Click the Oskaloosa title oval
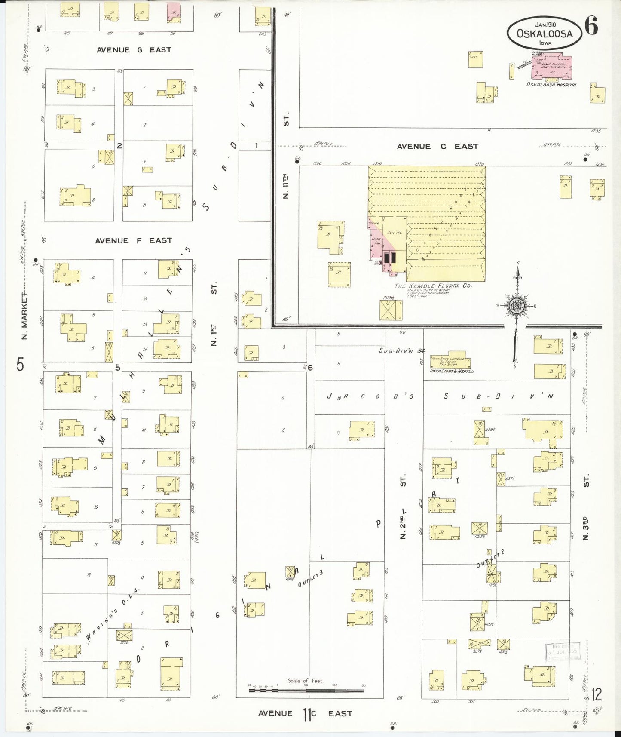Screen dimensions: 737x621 (544, 33)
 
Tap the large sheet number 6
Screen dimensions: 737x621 (591, 27)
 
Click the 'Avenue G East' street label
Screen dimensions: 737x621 (134, 50)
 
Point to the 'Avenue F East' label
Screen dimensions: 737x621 (133, 241)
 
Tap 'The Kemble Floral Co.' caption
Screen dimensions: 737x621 (433, 286)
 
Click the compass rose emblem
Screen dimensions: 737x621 (517, 306)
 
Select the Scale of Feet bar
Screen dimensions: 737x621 (306, 691)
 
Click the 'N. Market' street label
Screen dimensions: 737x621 (24, 316)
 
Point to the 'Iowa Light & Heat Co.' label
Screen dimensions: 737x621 (452, 371)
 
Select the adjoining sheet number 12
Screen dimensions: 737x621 (597, 695)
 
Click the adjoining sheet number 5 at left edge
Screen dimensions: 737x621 (20, 365)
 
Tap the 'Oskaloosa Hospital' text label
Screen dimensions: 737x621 (551, 85)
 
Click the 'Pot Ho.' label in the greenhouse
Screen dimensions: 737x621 (394, 233)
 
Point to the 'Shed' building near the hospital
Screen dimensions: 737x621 (475, 59)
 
